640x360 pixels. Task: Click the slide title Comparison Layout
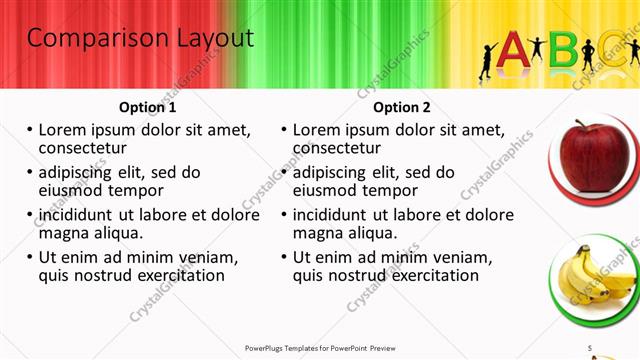coord(140,39)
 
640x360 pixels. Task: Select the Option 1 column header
coord(147,107)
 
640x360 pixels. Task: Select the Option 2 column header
coord(402,107)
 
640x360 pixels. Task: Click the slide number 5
coord(590,347)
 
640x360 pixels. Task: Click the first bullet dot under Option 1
coord(29,130)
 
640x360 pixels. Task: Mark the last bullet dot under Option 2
coord(284,258)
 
